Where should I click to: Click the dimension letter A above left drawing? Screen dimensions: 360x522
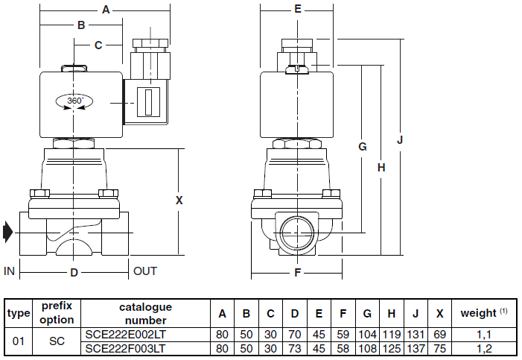pos(105,10)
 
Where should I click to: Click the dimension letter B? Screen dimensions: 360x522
pos(81,25)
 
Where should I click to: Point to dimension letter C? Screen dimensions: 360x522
pos(98,45)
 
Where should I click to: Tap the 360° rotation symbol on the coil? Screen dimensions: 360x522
pos(73,101)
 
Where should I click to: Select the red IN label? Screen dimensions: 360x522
pos(10,271)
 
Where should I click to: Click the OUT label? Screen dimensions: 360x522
pos(145,271)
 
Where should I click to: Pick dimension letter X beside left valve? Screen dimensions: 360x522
pos(179,200)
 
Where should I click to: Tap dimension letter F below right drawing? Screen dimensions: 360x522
pos(297,273)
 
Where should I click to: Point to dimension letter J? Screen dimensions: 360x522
pos(400,139)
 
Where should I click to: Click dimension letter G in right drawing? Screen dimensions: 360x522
pos(362,147)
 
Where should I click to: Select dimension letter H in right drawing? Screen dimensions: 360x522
pos(381,168)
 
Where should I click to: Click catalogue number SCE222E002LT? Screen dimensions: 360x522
pos(124,335)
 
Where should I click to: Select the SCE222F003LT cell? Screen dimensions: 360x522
pos(124,348)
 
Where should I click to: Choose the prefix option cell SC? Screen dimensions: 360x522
pos(57,341)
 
